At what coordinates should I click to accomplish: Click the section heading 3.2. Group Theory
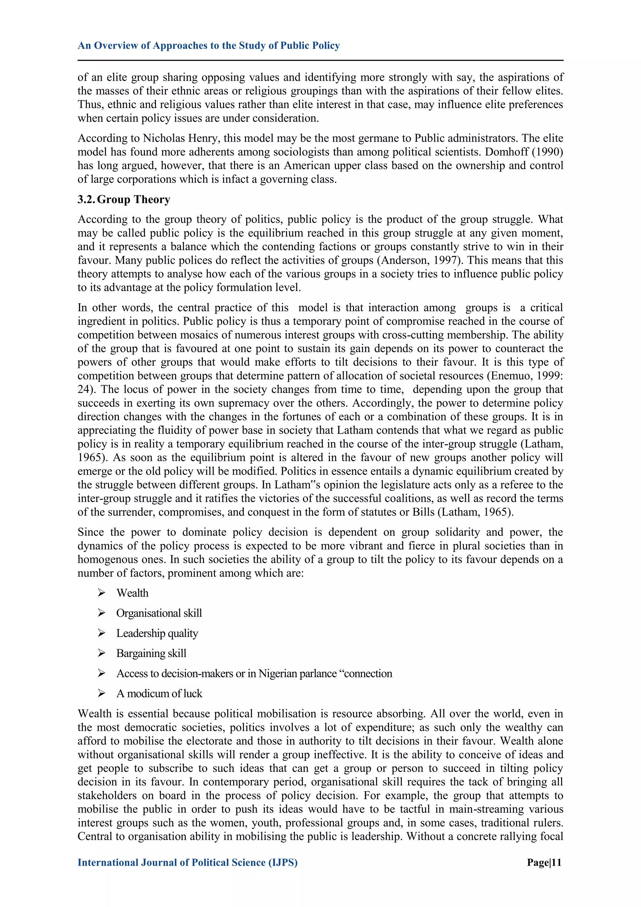pos(124,200)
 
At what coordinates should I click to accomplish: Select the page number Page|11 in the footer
pos(544,863)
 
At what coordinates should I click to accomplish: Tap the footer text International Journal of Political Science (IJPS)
pos(187,863)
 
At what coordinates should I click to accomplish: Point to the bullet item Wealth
pos(132,593)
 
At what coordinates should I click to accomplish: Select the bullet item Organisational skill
pos(159,613)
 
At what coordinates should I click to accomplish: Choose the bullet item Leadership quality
pos(157,633)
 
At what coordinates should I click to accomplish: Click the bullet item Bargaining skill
pos(151,654)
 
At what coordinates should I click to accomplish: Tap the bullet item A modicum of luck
pos(159,693)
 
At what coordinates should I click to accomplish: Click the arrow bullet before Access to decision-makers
pos(101,673)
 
